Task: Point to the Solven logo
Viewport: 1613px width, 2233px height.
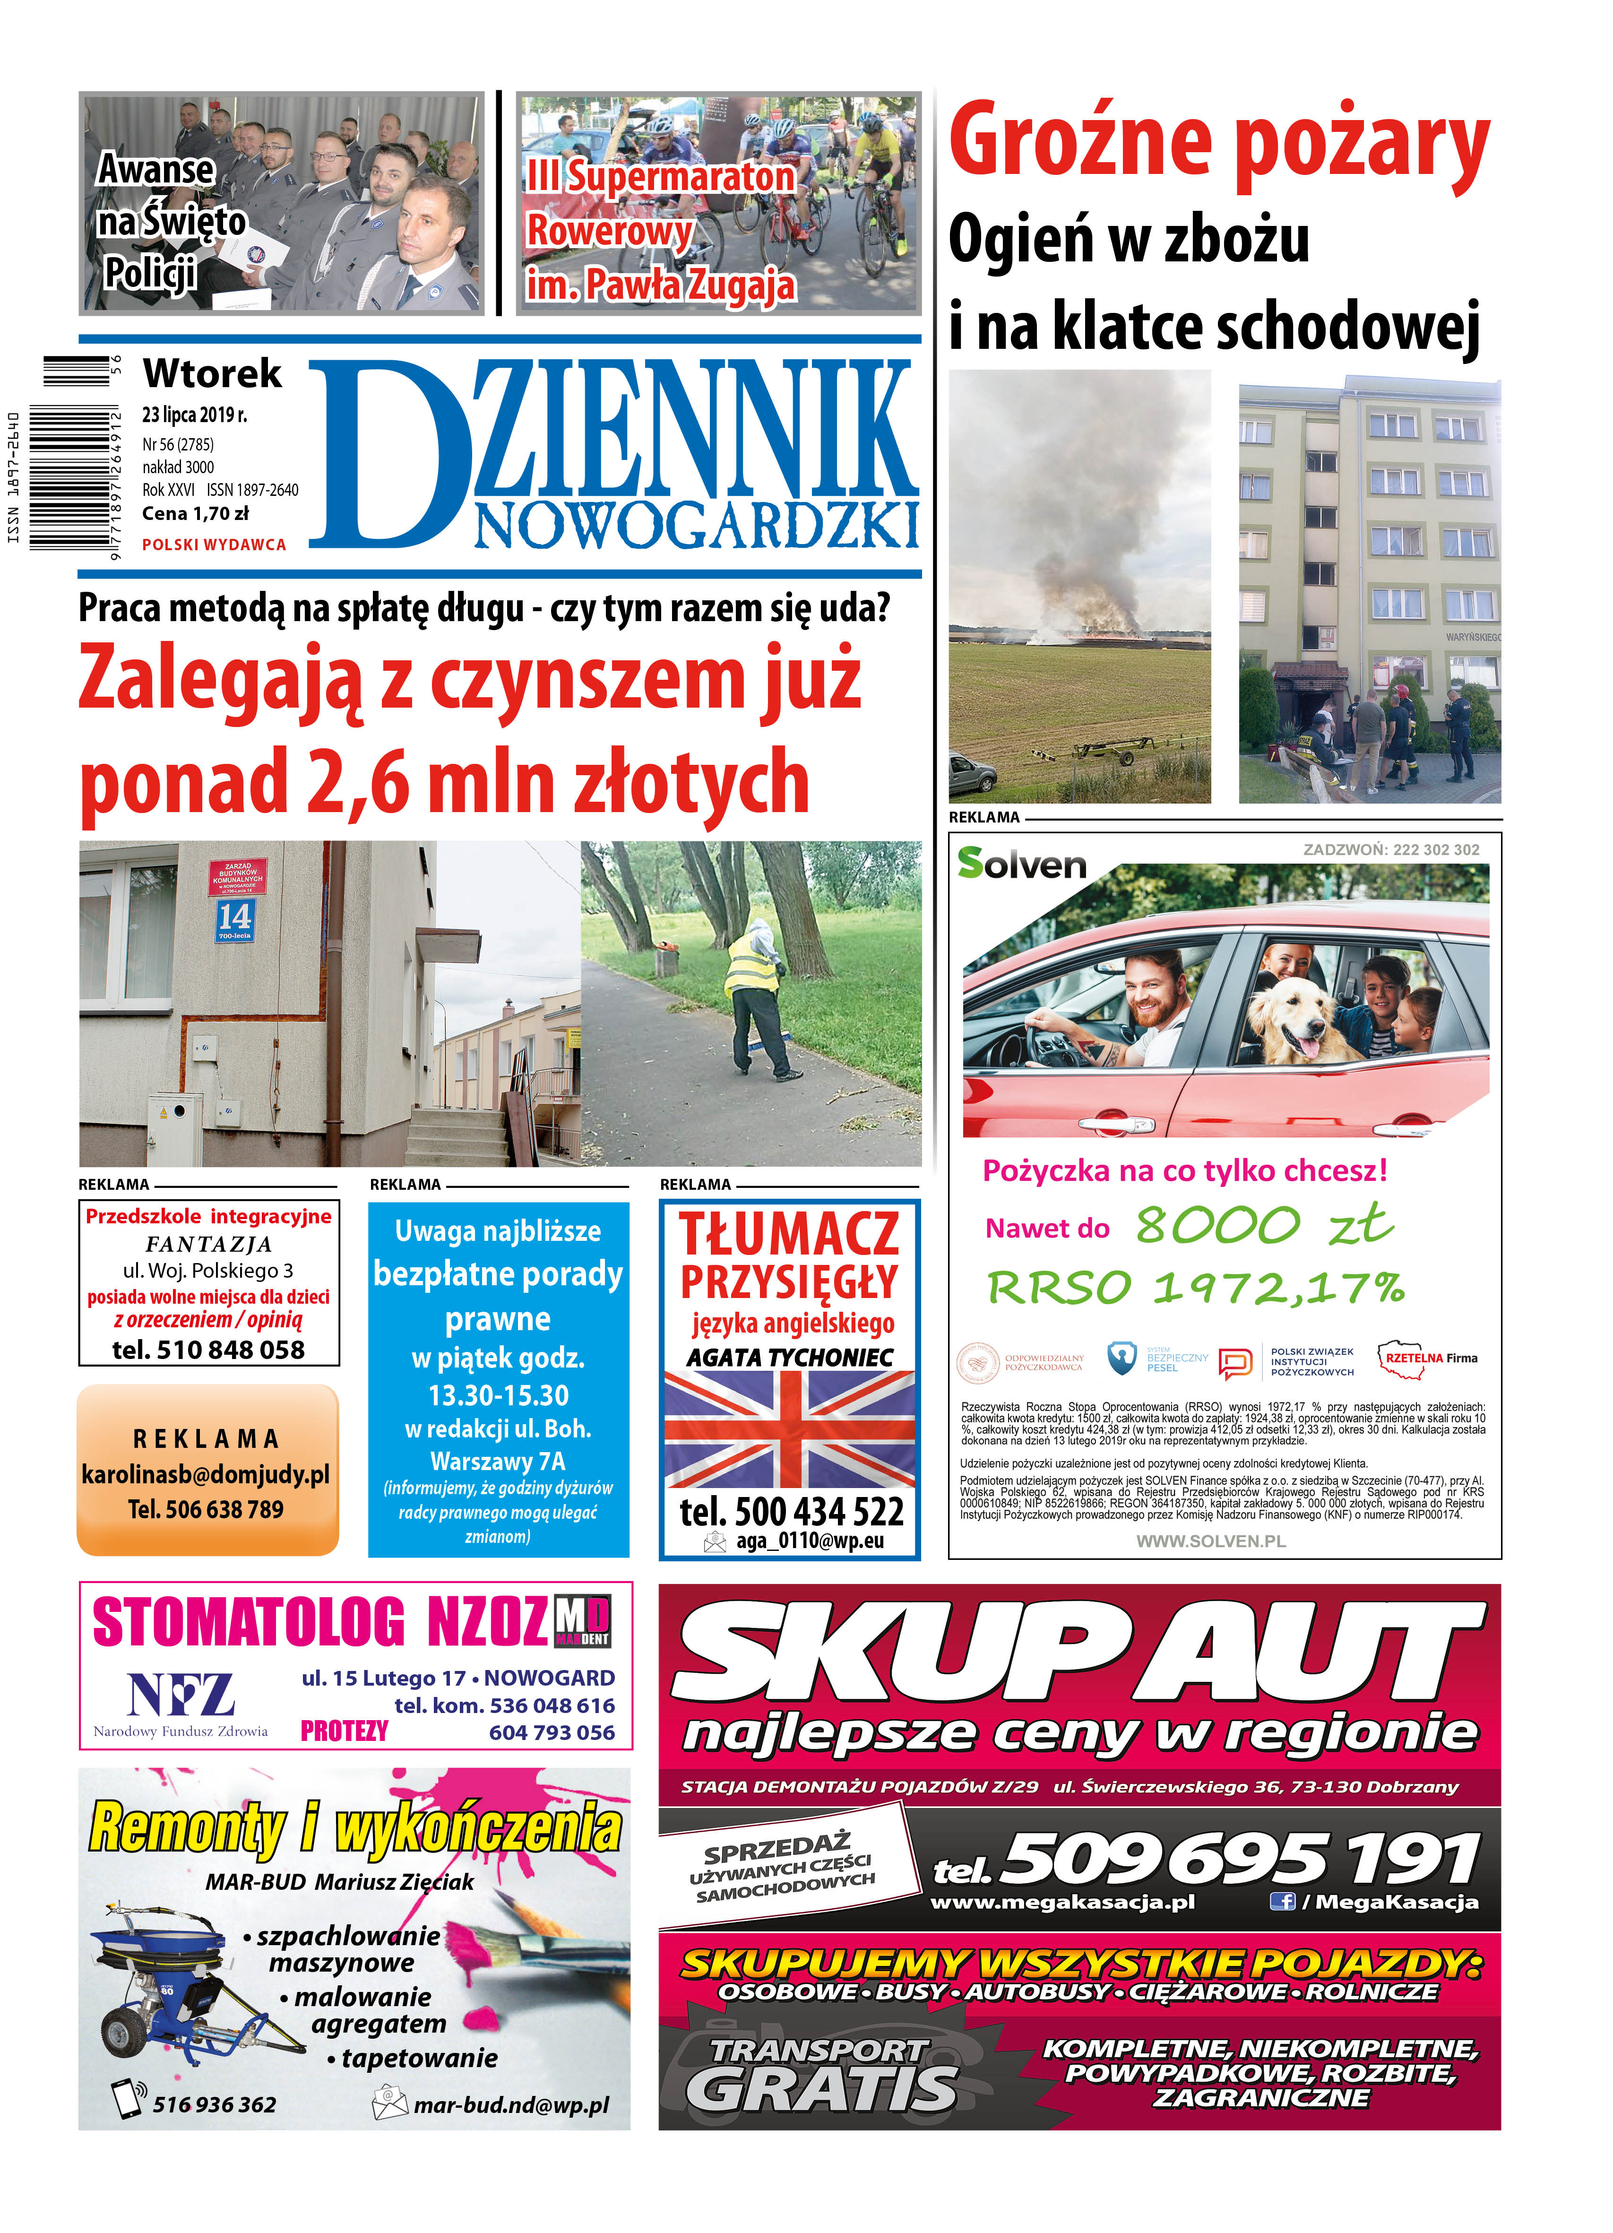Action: (x=1021, y=864)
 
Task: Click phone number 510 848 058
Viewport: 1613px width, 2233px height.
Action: (x=208, y=1350)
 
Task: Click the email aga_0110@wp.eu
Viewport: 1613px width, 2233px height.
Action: (x=809, y=1541)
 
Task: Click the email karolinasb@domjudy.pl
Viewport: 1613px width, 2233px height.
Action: (x=206, y=1475)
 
